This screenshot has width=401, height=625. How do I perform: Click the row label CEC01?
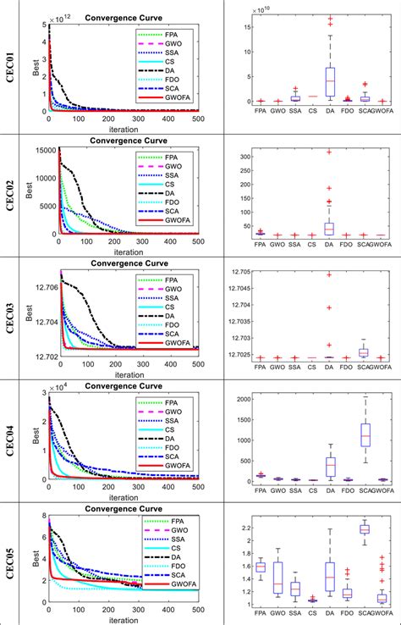point(17,64)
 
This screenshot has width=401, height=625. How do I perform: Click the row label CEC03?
point(17,316)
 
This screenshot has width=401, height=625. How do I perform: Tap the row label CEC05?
point(17,564)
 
